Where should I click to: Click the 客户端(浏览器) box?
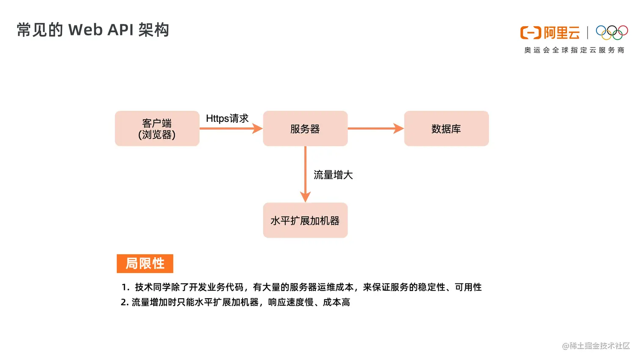(x=157, y=129)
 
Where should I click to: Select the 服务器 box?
(x=305, y=129)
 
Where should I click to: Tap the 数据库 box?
(x=446, y=129)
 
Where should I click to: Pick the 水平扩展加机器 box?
(x=305, y=220)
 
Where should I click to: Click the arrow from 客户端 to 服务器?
(x=231, y=129)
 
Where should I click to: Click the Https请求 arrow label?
(x=227, y=118)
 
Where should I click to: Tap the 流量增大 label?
(x=333, y=175)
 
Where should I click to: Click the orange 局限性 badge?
(x=145, y=264)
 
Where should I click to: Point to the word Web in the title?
(x=85, y=30)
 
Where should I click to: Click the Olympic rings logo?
(x=612, y=33)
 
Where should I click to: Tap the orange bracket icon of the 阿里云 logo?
(x=530, y=33)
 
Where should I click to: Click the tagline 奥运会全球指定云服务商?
(x=574, y=50)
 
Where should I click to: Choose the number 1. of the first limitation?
(x=125, y=287)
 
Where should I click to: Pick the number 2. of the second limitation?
(x=124, y=302)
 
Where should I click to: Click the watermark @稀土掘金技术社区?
(x=596, y=346)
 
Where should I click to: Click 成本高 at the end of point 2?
(x=337, y=302)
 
